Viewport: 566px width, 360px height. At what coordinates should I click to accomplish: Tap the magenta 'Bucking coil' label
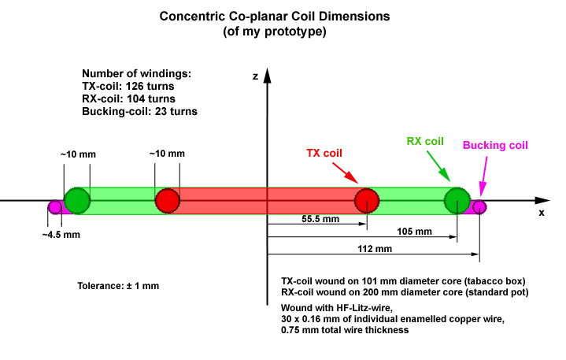(x=494, y=146)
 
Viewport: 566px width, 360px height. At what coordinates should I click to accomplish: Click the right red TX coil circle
(x=366, y=201)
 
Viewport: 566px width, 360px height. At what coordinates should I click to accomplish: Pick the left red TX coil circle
(x=167, y=201)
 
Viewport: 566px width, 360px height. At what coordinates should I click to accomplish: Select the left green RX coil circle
(x=77, y=201)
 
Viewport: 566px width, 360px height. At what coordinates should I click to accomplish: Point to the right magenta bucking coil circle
(x=479, y=207)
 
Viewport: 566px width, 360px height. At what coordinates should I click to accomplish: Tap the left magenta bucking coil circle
(x=55, y=207)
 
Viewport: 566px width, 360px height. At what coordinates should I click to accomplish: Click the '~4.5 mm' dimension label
(x=61, y=234)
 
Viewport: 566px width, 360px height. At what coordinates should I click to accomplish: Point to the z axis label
(x=255, y=76)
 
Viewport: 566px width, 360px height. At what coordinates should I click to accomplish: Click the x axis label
(x=542, y=213)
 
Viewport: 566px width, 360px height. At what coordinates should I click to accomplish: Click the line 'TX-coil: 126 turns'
(x=128, y=87)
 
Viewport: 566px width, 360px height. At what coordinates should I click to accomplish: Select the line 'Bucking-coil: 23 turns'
(x=139, y=112)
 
